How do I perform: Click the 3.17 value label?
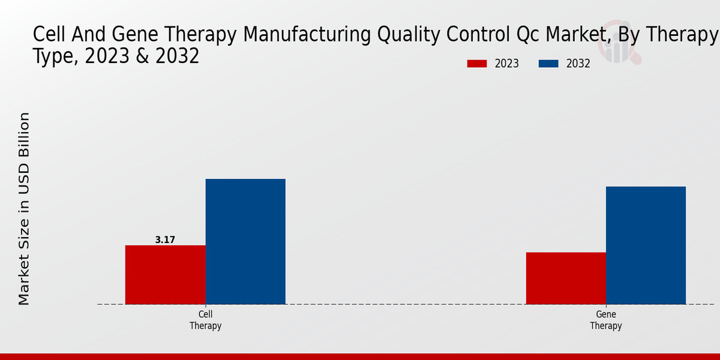tap(165, 239)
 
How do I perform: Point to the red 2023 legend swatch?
tap(477, 64)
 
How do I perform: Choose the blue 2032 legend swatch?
tap(548, 64)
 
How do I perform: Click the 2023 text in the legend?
tap(507, 64)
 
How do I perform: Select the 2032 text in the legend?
tap(578, 64)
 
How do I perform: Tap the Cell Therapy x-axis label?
tap(205, 320)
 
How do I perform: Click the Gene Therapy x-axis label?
tap(605, 320)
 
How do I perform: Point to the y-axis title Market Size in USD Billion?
tap(24, 208)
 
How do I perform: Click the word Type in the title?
tap(57, 56)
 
